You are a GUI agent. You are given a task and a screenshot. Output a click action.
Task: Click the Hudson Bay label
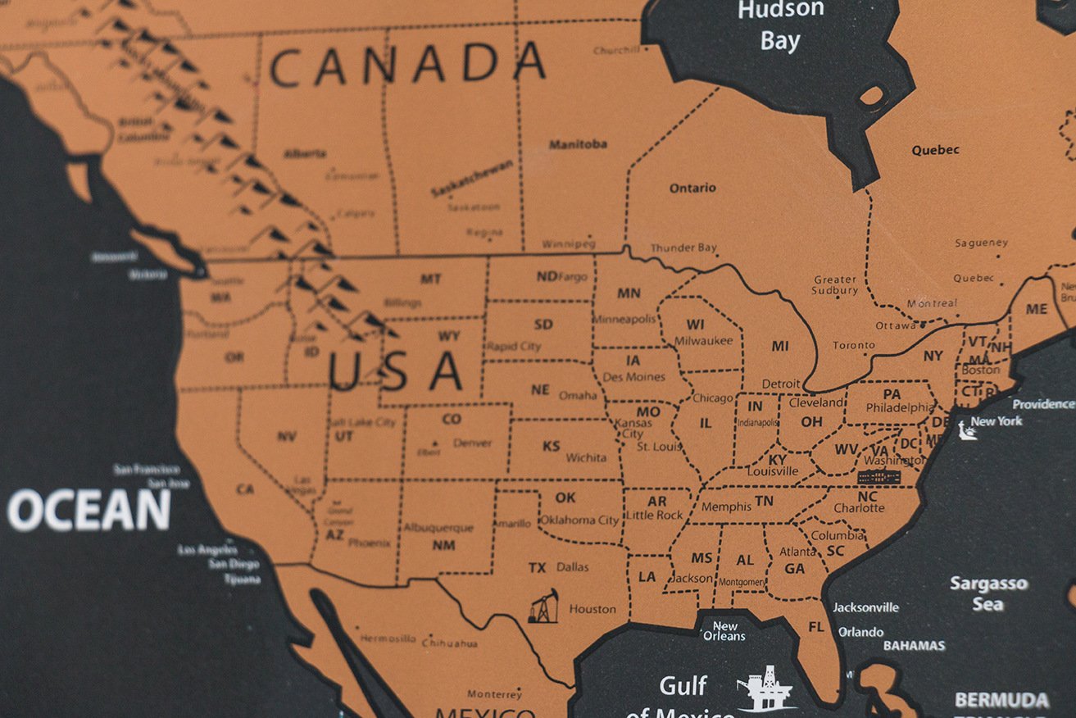point(779,25)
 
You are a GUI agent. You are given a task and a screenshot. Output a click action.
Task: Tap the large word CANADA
point(407,66)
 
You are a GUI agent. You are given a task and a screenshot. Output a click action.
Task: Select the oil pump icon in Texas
point(543,607)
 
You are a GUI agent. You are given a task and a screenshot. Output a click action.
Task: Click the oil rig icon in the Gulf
point(765,688)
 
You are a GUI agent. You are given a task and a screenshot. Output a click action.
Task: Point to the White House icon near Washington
point(879,476)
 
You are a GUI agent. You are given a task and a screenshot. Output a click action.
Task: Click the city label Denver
point(472,443)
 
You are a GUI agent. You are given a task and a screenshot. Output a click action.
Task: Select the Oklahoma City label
point(579,520)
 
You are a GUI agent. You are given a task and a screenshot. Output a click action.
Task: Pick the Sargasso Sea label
point(987,593)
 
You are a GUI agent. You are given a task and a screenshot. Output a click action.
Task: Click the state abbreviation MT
point(430,279)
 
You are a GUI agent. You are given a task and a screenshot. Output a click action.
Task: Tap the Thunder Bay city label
point(683,248)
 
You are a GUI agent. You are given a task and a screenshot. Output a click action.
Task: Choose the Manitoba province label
point(578,144)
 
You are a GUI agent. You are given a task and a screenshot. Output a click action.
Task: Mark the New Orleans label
point(724,631)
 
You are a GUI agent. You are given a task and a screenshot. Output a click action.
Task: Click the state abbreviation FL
point(816,627)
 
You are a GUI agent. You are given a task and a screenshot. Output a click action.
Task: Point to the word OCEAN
point(89,511)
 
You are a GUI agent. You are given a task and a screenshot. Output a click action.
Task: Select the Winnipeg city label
point(568,244)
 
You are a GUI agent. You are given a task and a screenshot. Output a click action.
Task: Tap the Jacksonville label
point(865,607)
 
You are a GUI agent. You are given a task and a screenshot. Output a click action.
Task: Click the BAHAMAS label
point(914,646)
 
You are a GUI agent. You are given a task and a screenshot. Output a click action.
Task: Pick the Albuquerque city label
point(438,528)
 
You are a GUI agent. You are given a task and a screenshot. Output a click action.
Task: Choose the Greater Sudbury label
point(835,284)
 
